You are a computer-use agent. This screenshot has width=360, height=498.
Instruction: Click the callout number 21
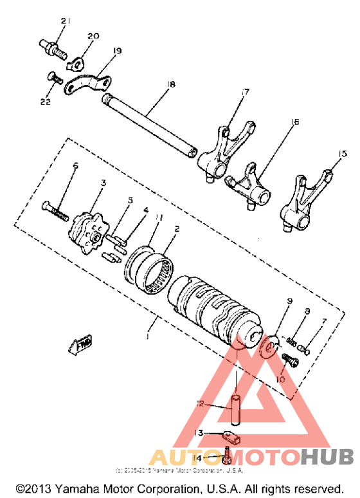tap(64, 22)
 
